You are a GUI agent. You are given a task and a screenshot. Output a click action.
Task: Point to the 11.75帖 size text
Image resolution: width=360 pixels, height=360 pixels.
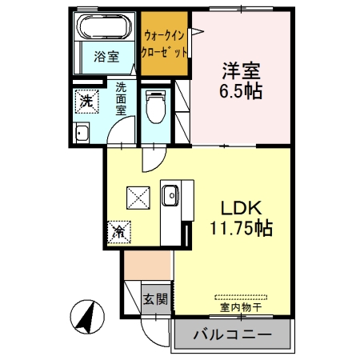click(241, 227)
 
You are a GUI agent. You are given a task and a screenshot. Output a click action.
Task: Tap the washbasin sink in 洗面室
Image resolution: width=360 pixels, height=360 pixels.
click(81, 133)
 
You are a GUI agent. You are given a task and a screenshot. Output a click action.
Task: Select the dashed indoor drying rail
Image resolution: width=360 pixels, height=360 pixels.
click(241, 295)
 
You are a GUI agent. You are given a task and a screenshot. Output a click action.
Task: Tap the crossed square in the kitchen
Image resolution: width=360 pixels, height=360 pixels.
click(140, 196)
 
